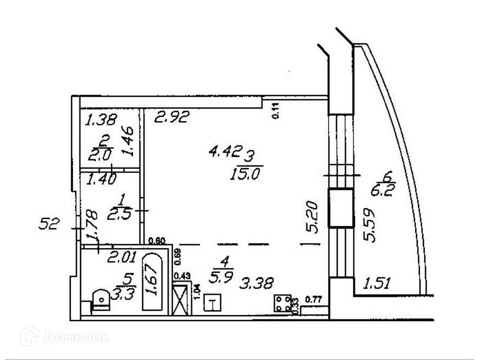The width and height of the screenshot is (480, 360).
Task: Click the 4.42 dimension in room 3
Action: pyautogui.click(x=224, y=152)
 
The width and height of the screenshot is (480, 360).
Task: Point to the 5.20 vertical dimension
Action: pyautogui.click(x=312, y=217)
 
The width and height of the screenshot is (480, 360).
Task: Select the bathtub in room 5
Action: pyautogui.click(x=151, y=284)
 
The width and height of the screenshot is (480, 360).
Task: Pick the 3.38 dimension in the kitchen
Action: pyautogui.click(x=258, y=283)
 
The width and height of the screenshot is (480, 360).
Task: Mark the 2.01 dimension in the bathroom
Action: pyautogui.click(x=121, y=258)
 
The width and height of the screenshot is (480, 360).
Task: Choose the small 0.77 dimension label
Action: pyautogui.click(x=314, y=299)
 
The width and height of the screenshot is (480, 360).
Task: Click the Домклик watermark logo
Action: pyautogui.click(x=65, y=337)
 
